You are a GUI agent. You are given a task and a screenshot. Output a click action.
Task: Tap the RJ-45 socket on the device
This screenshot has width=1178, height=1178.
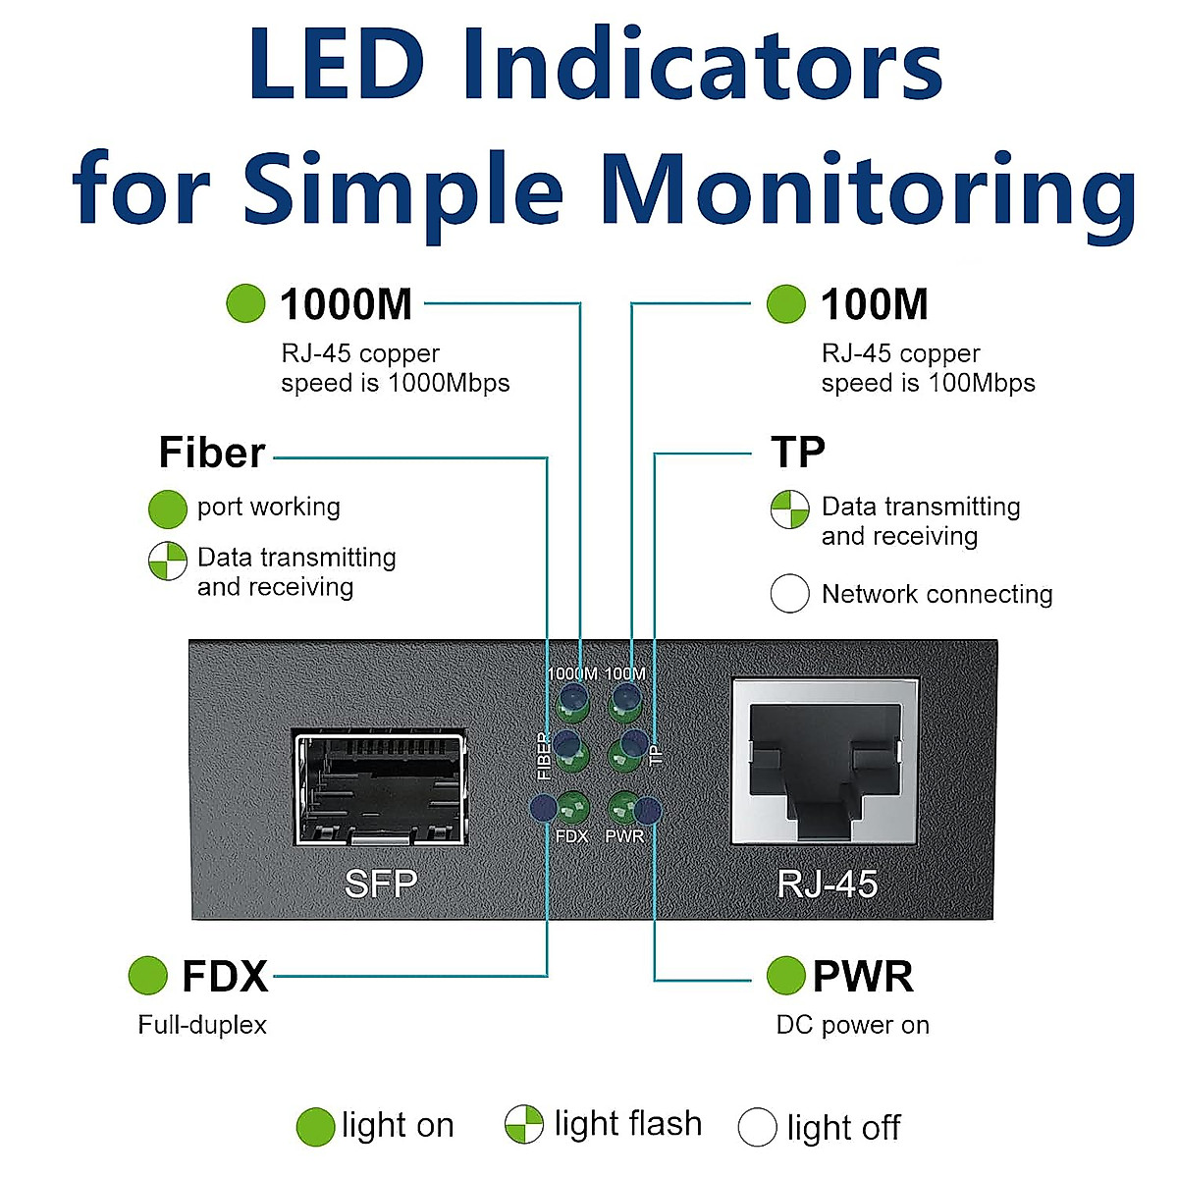click(826, 761)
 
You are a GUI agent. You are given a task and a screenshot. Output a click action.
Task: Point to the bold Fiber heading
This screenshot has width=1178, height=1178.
click(212, 453)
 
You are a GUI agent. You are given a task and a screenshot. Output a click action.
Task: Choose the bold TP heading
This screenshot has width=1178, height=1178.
click(798, 452)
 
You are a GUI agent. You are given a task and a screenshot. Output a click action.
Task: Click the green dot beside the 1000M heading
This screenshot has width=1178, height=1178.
click(245, 303)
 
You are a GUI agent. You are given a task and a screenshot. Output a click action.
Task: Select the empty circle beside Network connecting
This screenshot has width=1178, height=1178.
click(790, 593)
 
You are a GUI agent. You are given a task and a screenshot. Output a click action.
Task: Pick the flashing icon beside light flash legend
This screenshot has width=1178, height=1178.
click(524, 1124)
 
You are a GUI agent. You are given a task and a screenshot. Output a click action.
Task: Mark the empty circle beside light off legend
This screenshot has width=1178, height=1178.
click(758, 1127)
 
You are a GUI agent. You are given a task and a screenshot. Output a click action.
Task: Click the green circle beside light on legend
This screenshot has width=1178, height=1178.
click(315, 1127)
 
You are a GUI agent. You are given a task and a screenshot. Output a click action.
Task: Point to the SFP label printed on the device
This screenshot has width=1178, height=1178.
click(381, 883)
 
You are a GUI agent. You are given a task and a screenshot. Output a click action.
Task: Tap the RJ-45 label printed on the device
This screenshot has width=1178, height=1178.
click(828, 883)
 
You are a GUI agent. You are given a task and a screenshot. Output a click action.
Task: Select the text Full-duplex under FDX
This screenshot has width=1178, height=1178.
click(202, 1025)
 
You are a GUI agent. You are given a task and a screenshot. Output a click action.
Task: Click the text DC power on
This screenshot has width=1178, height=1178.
click(853, 1025)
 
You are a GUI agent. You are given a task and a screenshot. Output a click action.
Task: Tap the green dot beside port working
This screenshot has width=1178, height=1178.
click(168, 509)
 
